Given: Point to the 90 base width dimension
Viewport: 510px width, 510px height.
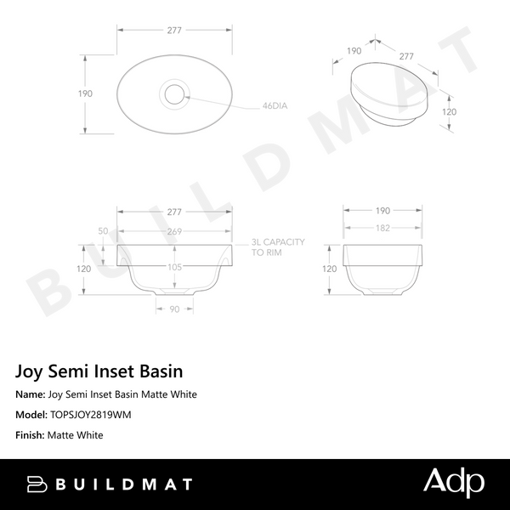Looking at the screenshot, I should [x=173, y=309].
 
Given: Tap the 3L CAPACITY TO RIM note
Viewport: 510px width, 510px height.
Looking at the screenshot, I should [x=277, y=247].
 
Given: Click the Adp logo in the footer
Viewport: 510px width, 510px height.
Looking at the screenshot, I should [x=454, y=483].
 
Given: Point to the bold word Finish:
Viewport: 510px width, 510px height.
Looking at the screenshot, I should [x=31, y=435].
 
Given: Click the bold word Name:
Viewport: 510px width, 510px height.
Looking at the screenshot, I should [x=31, y=394].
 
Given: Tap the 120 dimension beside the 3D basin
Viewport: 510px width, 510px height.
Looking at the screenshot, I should [x=450, y=111].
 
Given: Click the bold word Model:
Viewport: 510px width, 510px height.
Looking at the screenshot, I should [x=32, y=415].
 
